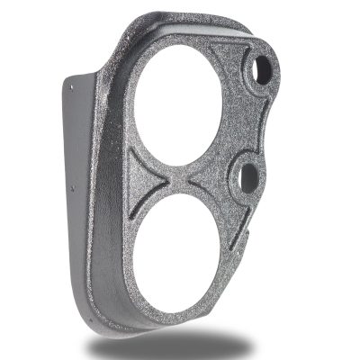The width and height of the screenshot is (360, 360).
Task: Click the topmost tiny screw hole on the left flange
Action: pyautogui.click(x=71, y=85)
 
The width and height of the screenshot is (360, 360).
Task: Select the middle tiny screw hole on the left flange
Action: pyautogui.click(x=73, y=189)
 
